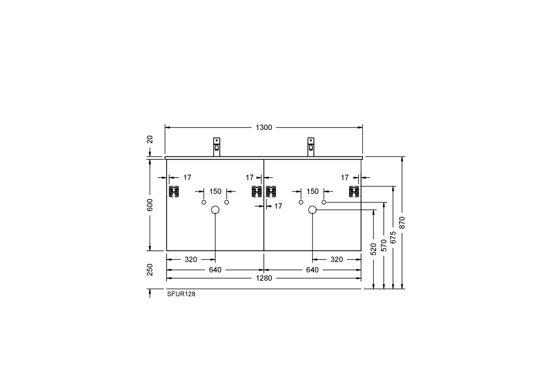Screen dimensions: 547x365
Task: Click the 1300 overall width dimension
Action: [x=264, y=128]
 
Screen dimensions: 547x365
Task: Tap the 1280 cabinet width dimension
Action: [x=264, y=278]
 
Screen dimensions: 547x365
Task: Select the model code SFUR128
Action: [x=181, y=294]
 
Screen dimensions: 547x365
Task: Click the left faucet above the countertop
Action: [x=216, y=147]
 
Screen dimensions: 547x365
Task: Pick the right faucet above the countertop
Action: [x=311, y=147]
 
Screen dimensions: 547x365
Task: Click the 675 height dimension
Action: [x=393, y=237]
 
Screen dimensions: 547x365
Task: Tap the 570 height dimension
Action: [x=384, y=245]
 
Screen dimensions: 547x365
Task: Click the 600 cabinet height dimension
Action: [x=150, y=205]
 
